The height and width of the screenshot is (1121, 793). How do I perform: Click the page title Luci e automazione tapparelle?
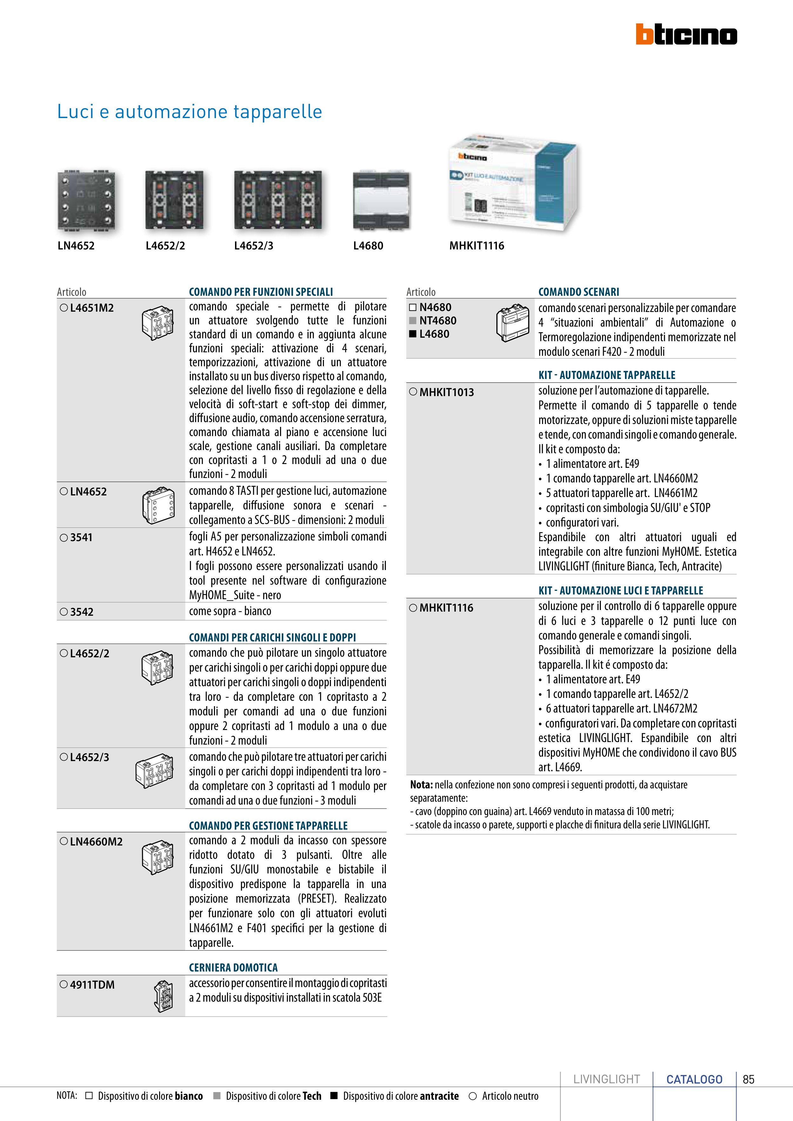coord(190,112)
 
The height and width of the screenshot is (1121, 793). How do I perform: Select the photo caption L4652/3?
coord(253,246)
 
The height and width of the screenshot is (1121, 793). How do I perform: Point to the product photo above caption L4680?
coord(381,201)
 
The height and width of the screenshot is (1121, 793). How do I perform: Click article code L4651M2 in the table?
coord(92,308)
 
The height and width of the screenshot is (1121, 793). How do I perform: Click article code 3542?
coord(82,612)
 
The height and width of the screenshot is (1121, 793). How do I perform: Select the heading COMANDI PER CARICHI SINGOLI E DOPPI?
coord(272,637)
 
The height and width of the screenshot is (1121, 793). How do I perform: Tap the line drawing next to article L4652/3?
coord(154,772)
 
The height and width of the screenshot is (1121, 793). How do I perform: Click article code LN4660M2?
coord(96,842)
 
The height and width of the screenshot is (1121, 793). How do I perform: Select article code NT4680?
coord(438,321)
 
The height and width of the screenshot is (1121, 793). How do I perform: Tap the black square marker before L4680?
coord(413,334)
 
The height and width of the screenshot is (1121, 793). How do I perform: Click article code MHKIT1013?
coord(447,393)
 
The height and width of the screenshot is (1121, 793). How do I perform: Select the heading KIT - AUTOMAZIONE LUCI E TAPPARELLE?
coord(621,591)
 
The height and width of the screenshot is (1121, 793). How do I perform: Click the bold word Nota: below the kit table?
coord(421,785)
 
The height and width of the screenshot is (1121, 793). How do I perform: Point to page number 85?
coord(749,1079)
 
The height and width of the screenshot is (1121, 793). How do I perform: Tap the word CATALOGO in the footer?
coord(694,1079)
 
